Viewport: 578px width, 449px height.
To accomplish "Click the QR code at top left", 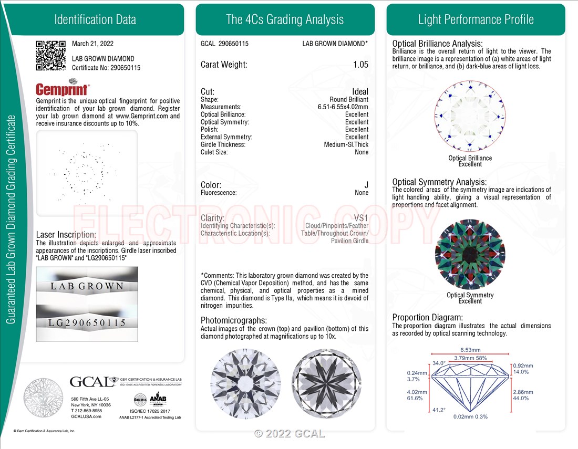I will (50, 55).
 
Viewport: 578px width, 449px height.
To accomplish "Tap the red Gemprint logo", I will (62, 89).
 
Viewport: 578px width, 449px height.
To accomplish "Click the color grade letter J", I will (366, 185).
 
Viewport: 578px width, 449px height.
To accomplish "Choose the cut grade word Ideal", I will (360, 92).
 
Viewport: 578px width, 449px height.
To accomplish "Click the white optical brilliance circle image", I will (470, 116).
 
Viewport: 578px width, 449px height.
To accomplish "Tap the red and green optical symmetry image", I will (470, 254).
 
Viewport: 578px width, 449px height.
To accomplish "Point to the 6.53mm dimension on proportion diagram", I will (470, 350).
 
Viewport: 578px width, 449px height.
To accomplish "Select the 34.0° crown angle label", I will (439, 363).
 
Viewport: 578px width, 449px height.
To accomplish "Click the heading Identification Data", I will (95, 20).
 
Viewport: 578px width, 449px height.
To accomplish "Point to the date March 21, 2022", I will (92, 44).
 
